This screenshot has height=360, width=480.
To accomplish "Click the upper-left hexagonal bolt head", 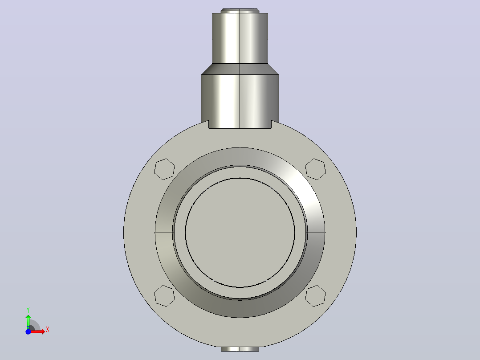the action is [164, 169].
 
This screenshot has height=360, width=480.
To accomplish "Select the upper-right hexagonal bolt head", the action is [315, 169].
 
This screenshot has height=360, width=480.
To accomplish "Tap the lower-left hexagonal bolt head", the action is [164, 296].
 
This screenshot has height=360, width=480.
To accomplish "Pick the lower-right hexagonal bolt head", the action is [315, 296].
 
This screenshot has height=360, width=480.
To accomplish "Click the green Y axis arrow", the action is [28, 321].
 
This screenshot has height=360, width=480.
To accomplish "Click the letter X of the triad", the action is [48, 330].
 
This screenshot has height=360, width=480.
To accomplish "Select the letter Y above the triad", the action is [28, 310].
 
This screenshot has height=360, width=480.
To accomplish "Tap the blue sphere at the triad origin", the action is [28, 331].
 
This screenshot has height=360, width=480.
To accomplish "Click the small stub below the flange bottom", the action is [240, 349].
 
